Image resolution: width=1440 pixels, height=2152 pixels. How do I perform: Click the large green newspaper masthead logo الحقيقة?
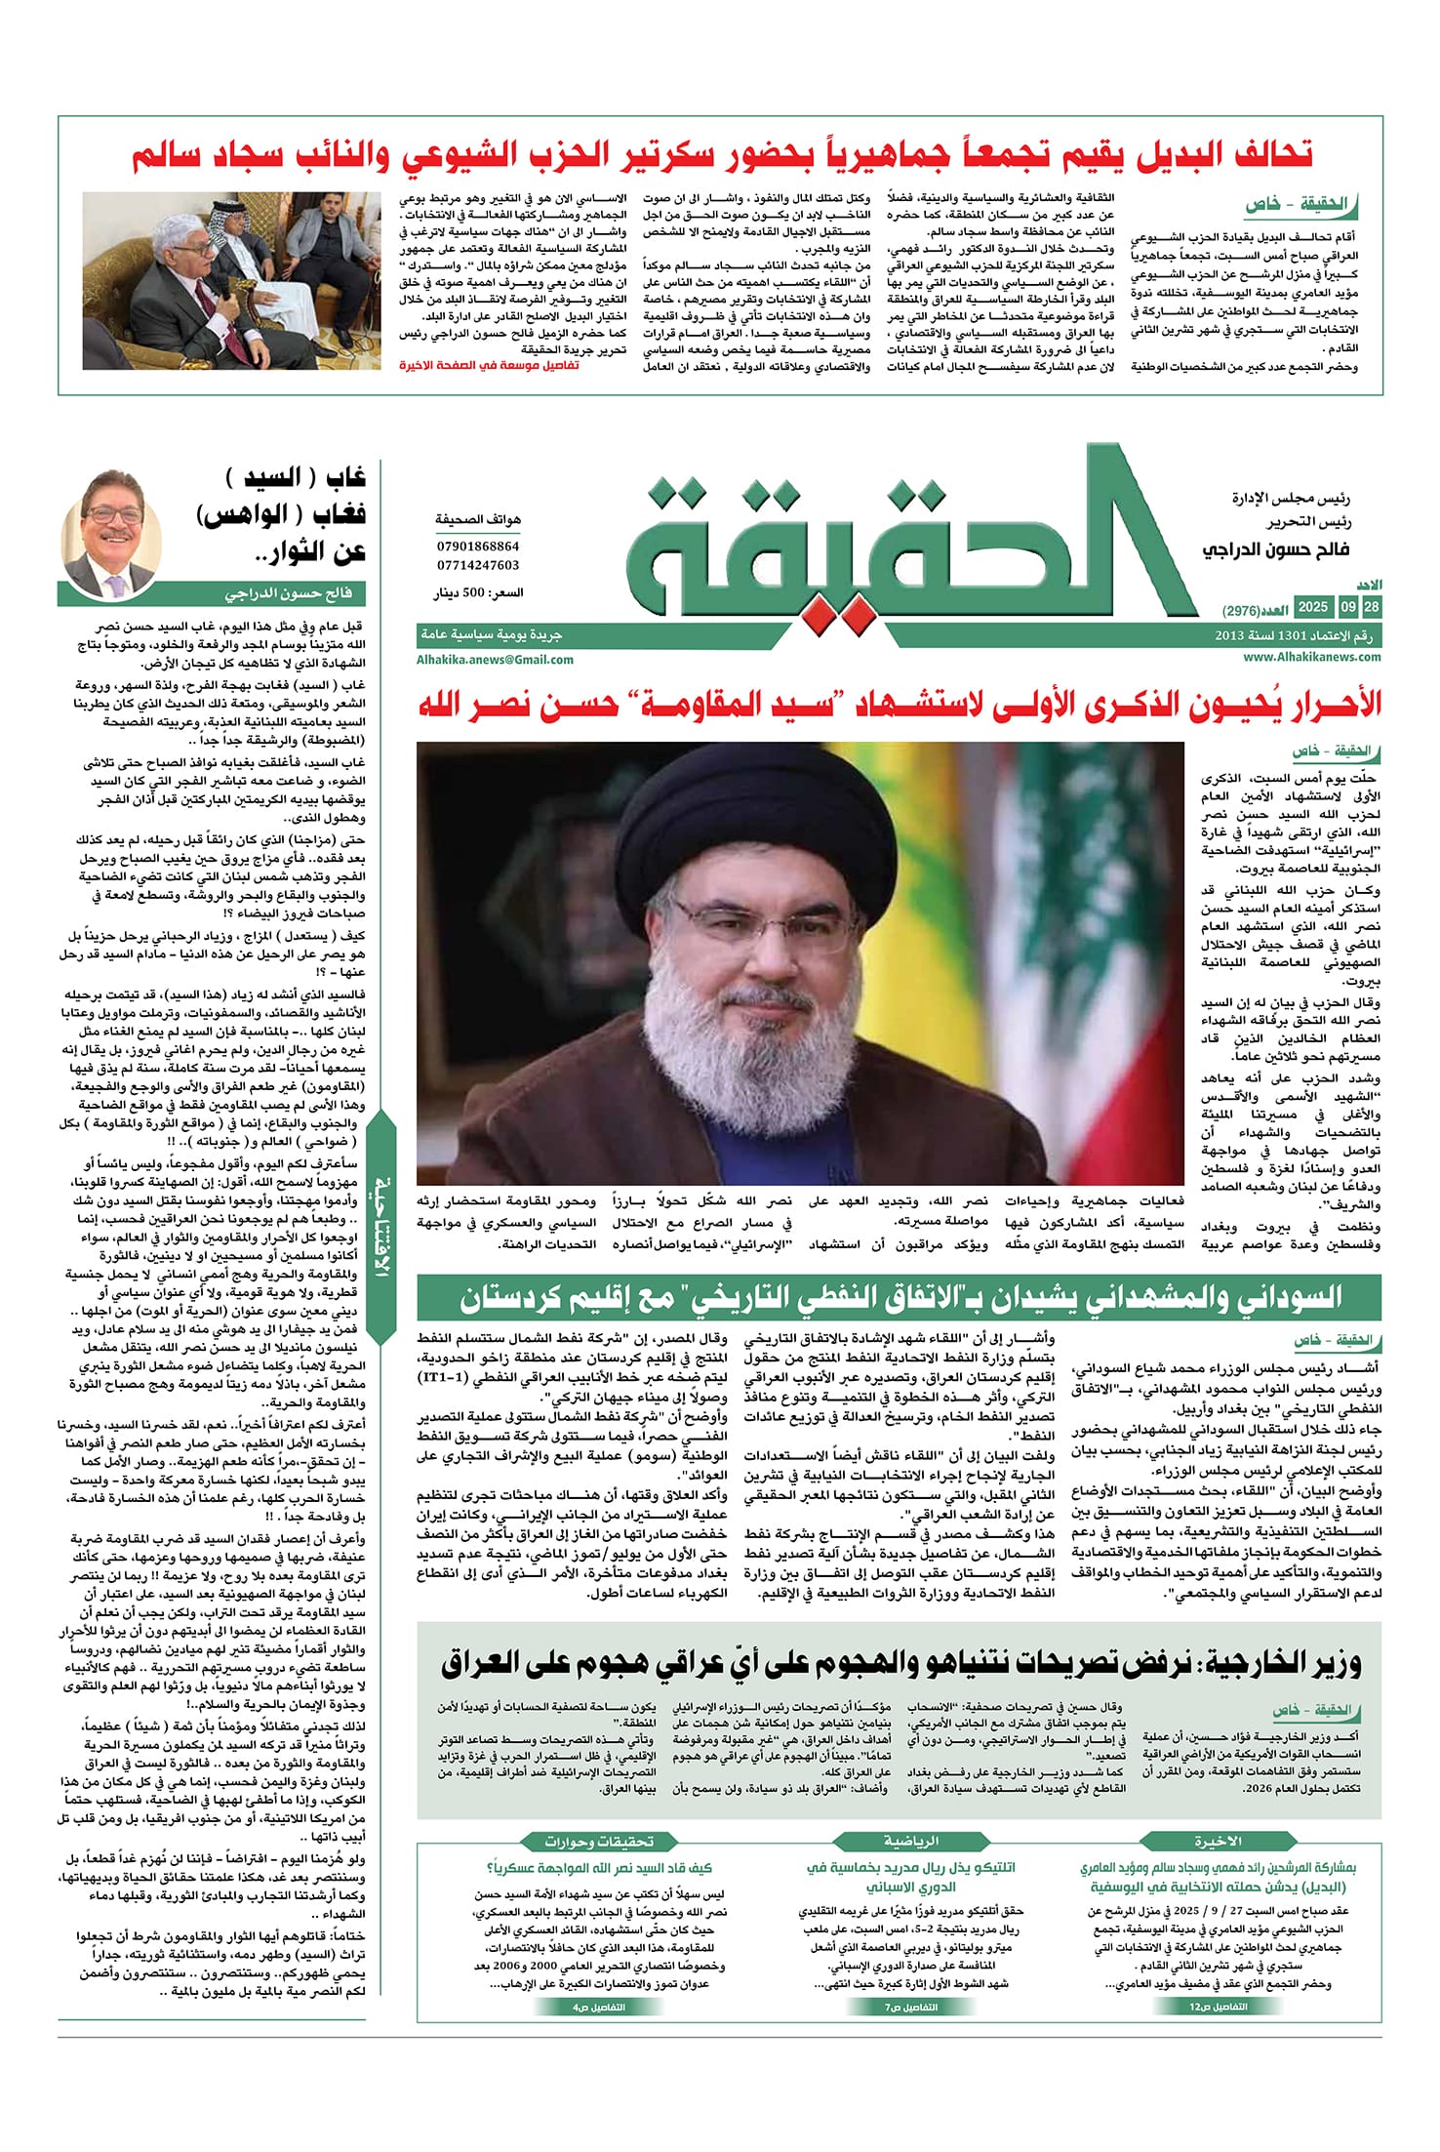(898, 542)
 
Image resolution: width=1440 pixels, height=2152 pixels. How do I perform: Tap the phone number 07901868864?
(478, 547)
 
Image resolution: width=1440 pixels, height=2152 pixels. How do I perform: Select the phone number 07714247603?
(478, 565)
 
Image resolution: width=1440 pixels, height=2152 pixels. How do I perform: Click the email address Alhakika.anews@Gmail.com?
(495, 660)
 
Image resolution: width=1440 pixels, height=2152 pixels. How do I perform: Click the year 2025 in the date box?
(1312, 607)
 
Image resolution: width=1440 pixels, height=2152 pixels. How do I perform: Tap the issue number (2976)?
(1241, 612)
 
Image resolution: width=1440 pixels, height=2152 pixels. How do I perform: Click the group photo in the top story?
(230, 280)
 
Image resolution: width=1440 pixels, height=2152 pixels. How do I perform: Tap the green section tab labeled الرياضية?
(910, 1842)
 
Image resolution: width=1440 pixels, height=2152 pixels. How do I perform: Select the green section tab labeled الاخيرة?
(1218, 1842)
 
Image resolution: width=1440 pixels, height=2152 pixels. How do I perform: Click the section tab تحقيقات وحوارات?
(599, 1842)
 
